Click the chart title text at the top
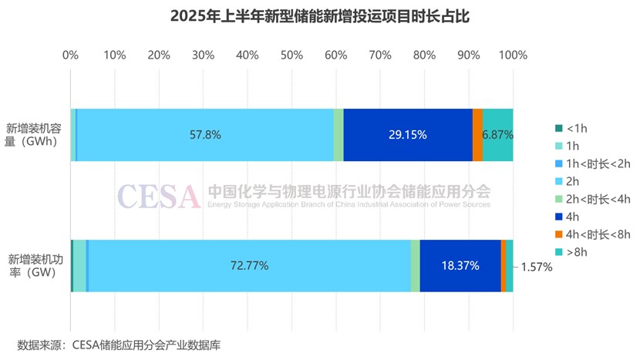pos(319,16)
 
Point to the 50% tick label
pos(291,56)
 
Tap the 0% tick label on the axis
pos(70,56)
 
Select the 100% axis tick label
pos(513,56)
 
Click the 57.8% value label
pos(205,135)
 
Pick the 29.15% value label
pos(408,135)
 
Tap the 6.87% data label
pos(497,135)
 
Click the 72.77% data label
pos(249,266)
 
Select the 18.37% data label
pos(460,266)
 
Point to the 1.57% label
pos(537,267)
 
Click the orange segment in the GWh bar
pos(478,135)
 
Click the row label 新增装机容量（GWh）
pos(32,135)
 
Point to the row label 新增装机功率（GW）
pos(32,266)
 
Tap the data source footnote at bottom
pos(123,345)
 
